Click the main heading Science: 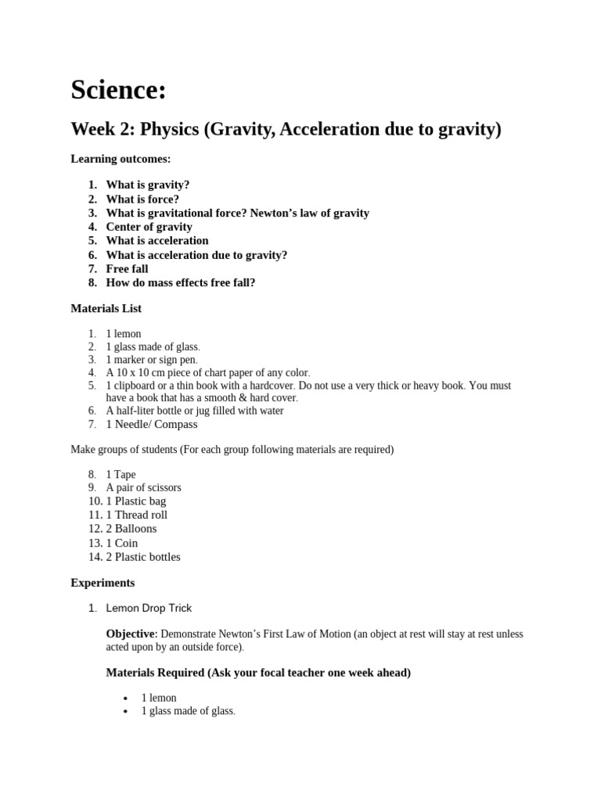coord(118,91)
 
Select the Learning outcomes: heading coord(121,159)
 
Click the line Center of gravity coord(149,227)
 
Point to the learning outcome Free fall coord(127,269)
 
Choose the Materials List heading coord(106,309)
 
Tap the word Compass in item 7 coord(176,425)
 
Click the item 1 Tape coord(121,475)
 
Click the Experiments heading coord(103,583)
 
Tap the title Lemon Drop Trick coord(149,608)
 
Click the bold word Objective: coord(131,634)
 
